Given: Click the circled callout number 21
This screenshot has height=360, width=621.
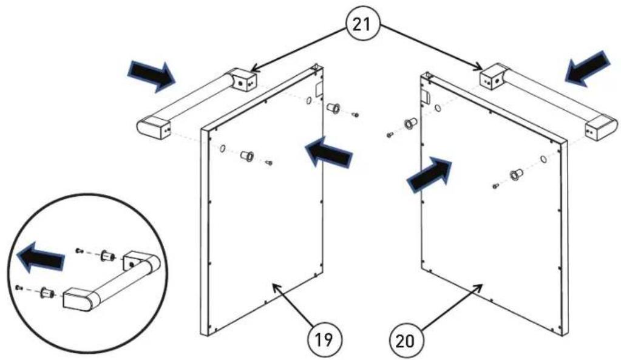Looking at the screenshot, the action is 363,24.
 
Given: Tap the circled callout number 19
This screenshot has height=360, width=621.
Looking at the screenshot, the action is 324,340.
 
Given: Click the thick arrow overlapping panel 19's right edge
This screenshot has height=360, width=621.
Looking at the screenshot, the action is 328,151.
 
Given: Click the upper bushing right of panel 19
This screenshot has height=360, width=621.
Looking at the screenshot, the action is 333,107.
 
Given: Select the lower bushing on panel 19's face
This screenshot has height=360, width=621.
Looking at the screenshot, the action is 247,155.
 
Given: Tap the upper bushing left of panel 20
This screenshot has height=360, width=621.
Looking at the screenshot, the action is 409,124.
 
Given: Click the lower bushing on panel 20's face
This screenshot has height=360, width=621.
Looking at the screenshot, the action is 515,174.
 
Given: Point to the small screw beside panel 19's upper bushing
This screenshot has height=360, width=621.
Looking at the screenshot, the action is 356,115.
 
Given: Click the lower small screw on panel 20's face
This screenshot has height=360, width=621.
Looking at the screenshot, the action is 495,186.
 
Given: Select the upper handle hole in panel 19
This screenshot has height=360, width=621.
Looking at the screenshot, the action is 309,101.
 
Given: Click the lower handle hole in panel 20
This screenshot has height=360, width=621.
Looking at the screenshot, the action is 544,160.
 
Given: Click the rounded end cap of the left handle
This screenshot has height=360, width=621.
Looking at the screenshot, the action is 153,127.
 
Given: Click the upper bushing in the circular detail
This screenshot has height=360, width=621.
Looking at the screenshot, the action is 107,256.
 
